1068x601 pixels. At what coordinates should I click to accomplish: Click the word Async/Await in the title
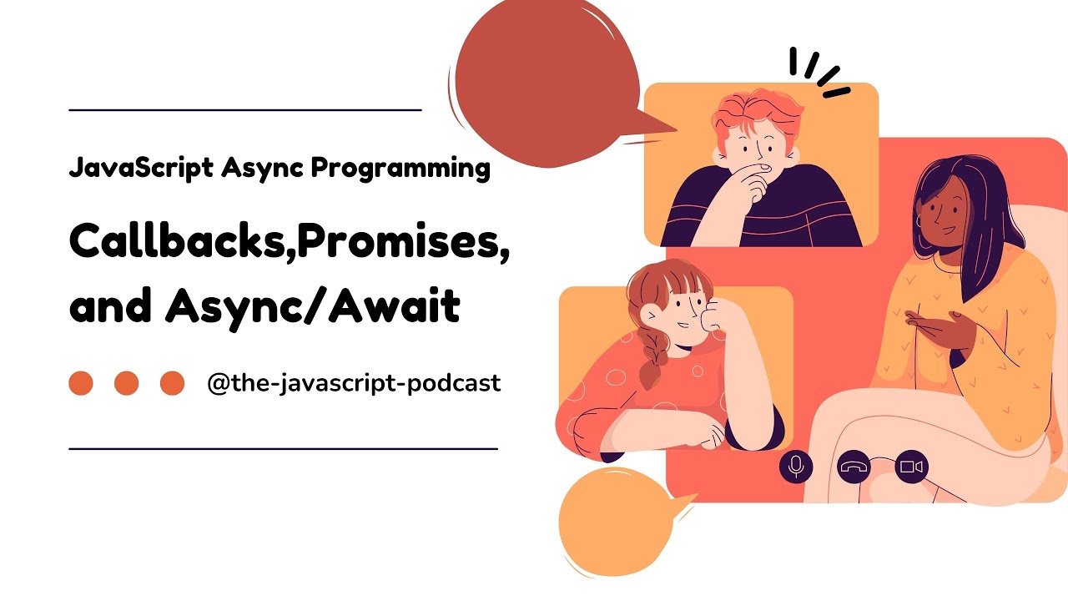pyautogui.click(x=312, y=307)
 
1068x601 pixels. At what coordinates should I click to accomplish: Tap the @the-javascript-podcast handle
pyautogui.click(x=354, y=383)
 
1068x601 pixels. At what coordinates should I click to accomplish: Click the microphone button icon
pyautogui.click(x=796, y=466)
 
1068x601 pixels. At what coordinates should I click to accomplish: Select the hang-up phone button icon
pyautogui.click(x=854, y=467)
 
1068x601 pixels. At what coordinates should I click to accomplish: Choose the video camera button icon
pyautogui.click(x=911, y=467)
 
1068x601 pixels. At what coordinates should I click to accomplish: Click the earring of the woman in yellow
pyautogui.click(x=919, y=221)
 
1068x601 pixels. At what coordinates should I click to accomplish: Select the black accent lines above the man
pyautogui.click(x=818, y=71)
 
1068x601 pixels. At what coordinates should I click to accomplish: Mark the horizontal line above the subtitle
pyautogui.click(x=244, y=109)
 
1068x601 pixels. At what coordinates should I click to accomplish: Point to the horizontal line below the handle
pyautogui.click(x=283, y=448)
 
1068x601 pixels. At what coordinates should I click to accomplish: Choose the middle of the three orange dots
pyautogui.click(x=126, y=383)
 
